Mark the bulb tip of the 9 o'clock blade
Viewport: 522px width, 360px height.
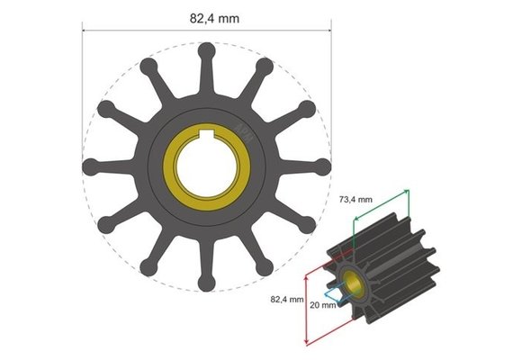(x=90, y=167)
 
